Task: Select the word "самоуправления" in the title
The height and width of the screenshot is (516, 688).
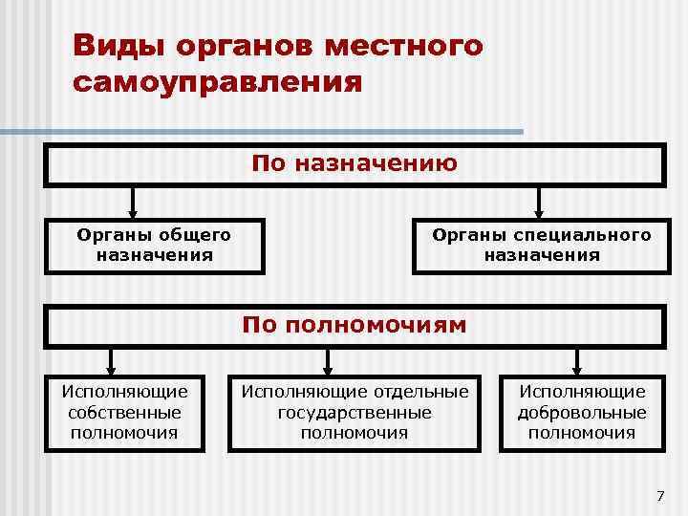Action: click(x=217, y=81)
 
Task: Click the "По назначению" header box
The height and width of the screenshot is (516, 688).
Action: click(x=355, y=164)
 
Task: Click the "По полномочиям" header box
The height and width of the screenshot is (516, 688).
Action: click(x=355, y=325)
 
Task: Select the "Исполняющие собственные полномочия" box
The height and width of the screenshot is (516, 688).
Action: click(x=124, y=412)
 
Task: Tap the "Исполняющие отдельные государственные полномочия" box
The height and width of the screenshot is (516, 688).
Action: click(x=355, y=412)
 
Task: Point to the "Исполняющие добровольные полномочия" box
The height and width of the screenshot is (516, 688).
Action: click(x=581, y=412)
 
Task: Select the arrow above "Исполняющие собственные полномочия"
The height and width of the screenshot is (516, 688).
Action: click(x=112, y=360)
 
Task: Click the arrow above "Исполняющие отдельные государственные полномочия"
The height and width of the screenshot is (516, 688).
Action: click(x=328, y=360)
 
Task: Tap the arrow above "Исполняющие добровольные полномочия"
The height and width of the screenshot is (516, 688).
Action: click(x=577, y=360)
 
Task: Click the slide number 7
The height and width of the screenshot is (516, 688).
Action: click(x=659, y=495)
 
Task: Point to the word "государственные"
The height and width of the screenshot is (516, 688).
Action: click(x=355, y=413)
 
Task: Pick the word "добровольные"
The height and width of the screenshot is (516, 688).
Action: click(x=581, y=413)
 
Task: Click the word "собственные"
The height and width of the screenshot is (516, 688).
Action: click(x=124, y=413)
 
